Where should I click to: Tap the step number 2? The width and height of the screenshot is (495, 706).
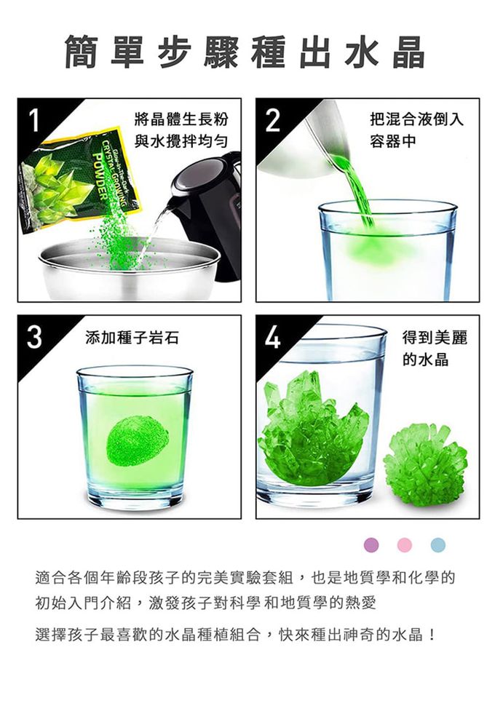point(272,120)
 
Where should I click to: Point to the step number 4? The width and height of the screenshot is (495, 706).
point(273,337)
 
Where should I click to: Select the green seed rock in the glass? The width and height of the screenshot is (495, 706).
point(137,441)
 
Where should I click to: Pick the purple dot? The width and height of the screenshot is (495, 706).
point(371,545)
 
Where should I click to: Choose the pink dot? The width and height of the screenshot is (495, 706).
point(405,545)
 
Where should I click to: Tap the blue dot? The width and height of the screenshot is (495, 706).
point(437,545)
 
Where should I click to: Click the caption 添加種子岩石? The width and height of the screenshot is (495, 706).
point(132,337)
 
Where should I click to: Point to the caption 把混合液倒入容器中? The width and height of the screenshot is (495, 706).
point(416,130)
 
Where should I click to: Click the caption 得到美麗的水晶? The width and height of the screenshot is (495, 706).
point(435,348)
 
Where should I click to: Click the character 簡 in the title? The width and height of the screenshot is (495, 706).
point(81,52)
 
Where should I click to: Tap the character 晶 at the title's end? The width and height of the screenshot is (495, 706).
point(408,52)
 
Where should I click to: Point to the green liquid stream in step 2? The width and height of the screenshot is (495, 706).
point(356,189)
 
